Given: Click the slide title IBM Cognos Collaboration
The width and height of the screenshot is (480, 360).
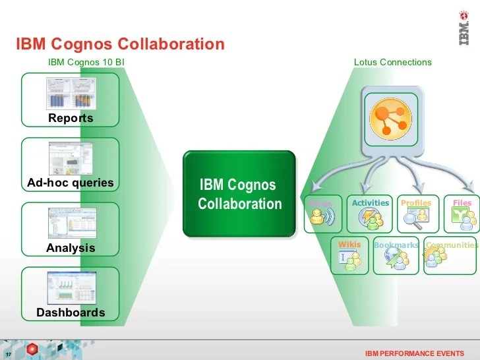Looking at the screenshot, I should pos(120,44).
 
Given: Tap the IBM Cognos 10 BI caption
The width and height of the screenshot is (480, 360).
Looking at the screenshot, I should pos(86,62).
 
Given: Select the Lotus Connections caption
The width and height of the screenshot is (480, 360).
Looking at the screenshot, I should pos(392,62).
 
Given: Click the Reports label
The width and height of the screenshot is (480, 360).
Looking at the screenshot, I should pos(71,119).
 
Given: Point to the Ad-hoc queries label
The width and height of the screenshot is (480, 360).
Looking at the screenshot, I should pos(71,183).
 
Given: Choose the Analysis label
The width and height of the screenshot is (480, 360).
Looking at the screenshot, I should pos(71,248).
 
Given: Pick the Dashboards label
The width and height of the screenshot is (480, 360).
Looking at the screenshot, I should pos(71,313).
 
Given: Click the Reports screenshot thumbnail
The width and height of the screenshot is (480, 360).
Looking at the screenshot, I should pos(71,93).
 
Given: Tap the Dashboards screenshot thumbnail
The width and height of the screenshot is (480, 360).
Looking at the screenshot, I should pos(71,287).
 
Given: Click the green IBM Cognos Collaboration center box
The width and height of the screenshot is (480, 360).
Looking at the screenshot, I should pos(239,194).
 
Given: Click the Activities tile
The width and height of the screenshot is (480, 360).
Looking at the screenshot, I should pos(371,214).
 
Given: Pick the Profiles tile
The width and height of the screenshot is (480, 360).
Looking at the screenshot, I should pos(416,214).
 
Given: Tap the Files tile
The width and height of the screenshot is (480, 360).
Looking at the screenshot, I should pos(462,214).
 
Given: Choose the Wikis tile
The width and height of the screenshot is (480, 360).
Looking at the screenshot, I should pos(349,255).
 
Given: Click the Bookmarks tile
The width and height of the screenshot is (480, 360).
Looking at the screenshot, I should pos(396,255).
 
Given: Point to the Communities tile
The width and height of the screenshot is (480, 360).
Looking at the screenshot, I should pos(451,255).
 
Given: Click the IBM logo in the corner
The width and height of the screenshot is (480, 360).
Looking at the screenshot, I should pos(464,30).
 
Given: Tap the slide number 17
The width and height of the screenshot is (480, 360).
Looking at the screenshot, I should pos(10,353).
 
